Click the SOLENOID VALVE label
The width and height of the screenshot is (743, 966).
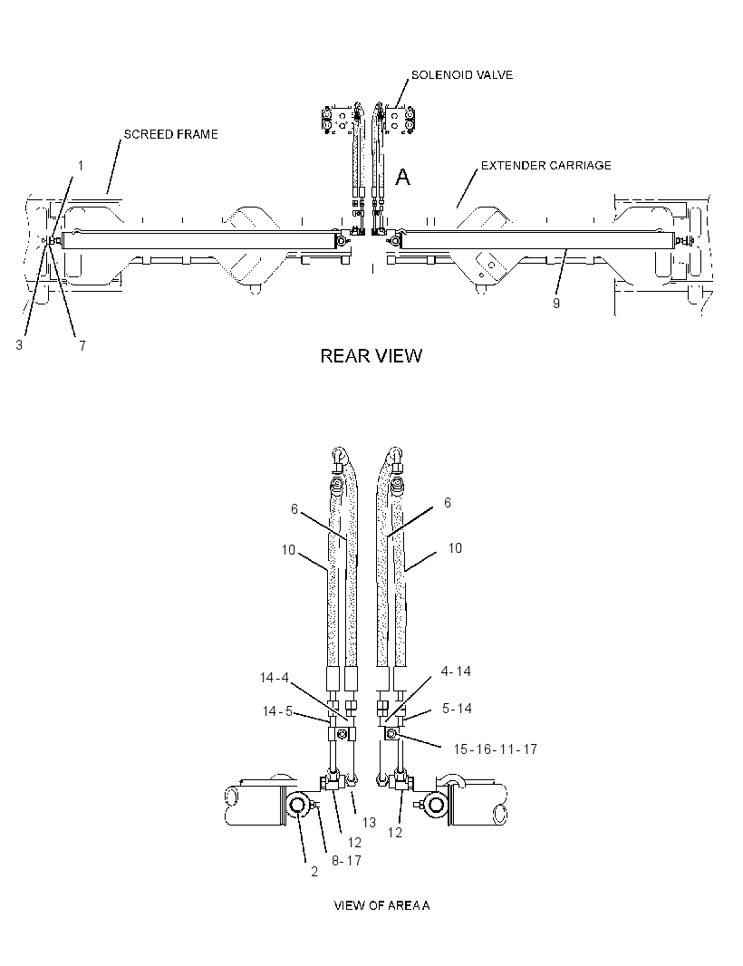point(461,75)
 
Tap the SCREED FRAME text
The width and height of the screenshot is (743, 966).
point(170,134)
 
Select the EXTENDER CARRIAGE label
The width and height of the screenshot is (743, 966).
point(545,165)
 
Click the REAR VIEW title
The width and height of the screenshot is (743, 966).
point(371,355)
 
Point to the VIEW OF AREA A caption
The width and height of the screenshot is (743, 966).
point(381,905)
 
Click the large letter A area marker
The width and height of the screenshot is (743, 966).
point(402,178)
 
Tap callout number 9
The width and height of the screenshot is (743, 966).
point(555,303)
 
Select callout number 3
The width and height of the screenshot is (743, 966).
point(19,345)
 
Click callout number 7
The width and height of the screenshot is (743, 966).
point(82,345)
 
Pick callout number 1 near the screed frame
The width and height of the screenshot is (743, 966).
point(80,166)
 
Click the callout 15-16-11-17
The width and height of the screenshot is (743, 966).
point(496,749)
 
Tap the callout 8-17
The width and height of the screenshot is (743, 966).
point(346,861)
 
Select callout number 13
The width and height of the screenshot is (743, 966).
point(369,823)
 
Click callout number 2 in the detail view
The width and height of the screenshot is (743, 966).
point(314,872)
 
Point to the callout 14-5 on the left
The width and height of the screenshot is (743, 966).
point(277,711)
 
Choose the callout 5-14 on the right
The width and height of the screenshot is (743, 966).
point(457,709)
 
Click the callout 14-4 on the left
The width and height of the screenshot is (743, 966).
point(275,678)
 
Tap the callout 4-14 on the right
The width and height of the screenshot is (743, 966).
point(456,671)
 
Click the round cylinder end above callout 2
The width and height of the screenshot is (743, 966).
point(297,805)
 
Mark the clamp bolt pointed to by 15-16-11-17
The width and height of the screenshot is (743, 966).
point(391,733)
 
